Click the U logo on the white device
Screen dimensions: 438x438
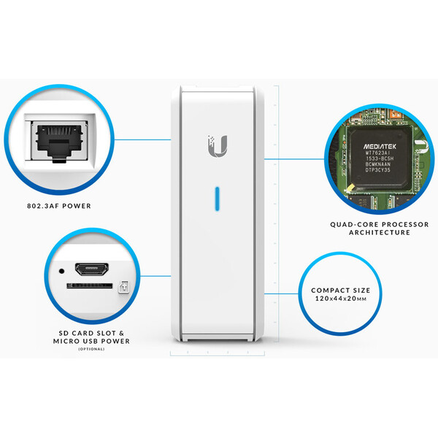tap(217, 145)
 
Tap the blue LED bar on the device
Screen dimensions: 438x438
tap(217, 200)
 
